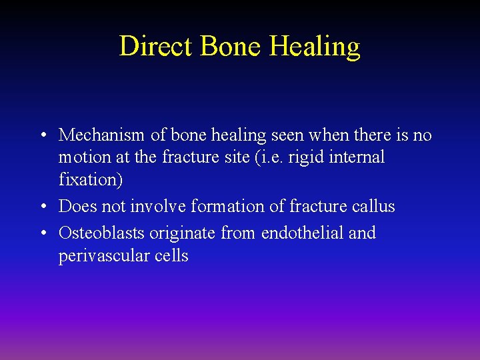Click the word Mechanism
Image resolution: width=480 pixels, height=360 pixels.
[x=101, y=135]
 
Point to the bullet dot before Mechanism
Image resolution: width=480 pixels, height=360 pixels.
[x=42, y=136]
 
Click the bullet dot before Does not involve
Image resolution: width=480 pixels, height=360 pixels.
[x=42, y=207]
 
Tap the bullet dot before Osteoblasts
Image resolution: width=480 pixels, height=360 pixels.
[x=42, y=234]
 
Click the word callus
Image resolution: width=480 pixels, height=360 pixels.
[x=373, y=207]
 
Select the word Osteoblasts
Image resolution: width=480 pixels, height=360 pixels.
[x=101, y=233]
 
